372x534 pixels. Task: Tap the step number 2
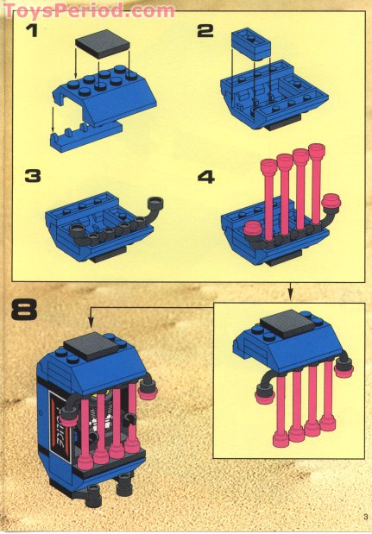click(205, 33)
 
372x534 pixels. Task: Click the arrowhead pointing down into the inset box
click(290, 297)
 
